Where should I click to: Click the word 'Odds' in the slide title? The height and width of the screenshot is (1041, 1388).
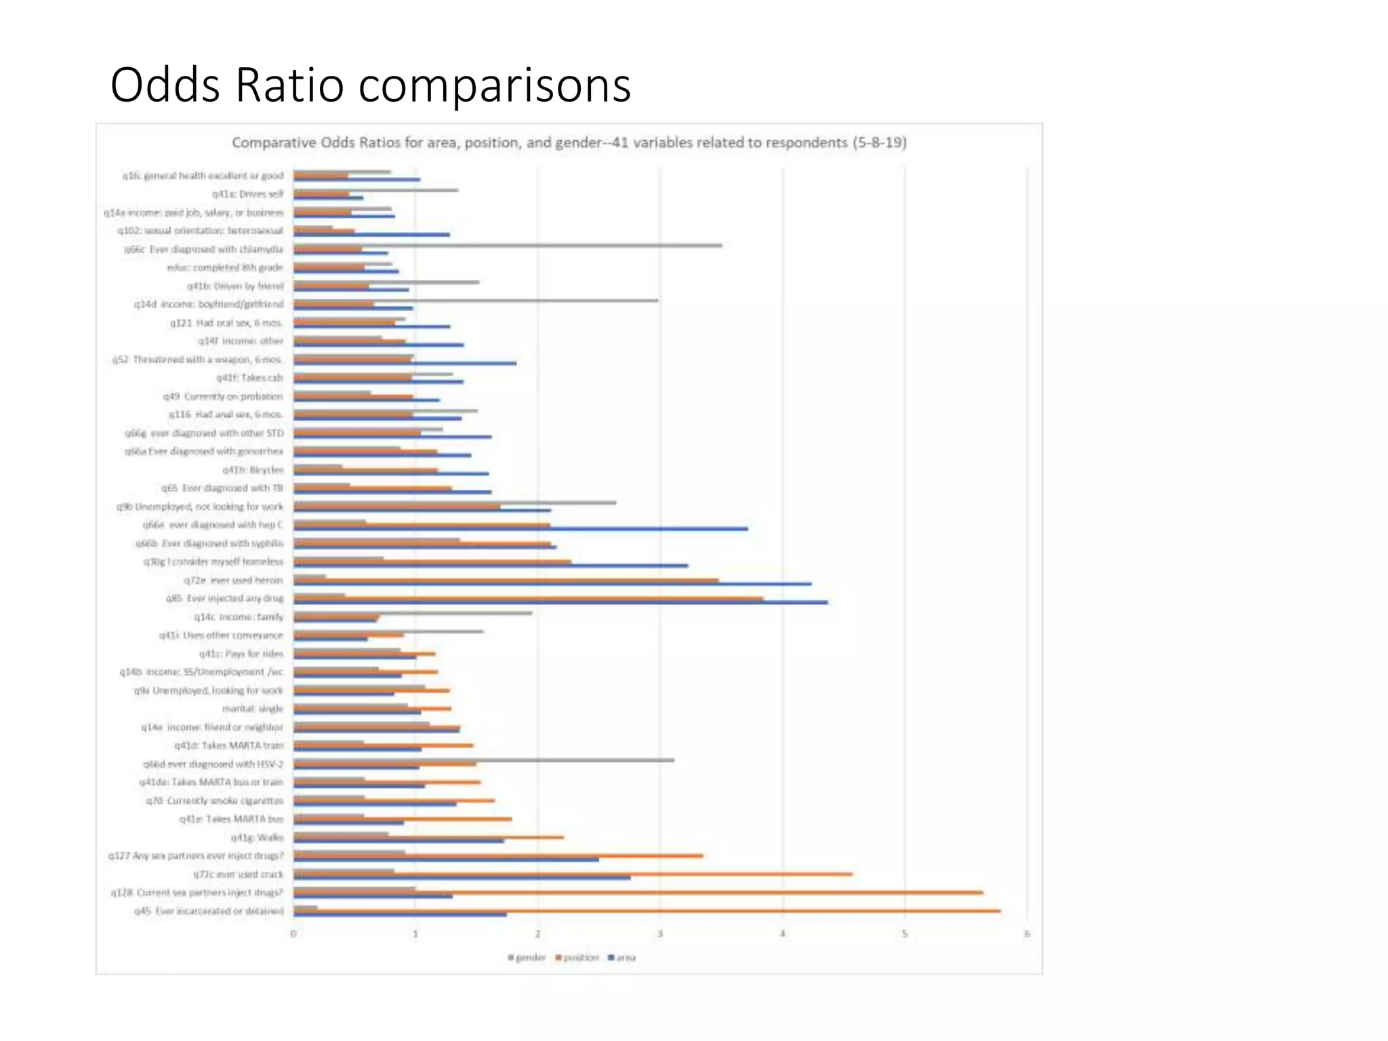click(x=165, y=85)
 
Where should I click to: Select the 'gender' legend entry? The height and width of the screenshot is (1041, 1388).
click(x=527, y=958)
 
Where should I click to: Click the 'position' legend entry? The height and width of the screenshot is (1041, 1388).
click(x=577, y=958)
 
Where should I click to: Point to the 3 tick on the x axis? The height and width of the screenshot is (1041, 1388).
click(x=660, y=934)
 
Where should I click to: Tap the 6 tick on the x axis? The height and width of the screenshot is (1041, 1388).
click(x=1027, y=934)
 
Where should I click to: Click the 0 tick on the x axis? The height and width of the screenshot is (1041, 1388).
click(x=293, y=934)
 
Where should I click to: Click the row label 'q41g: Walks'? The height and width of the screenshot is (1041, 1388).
click(x=257, y=838)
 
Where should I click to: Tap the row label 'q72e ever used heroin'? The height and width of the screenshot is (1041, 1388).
click(x=233, y=580)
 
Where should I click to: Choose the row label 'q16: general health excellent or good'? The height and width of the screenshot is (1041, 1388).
click(x=203, y=176)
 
